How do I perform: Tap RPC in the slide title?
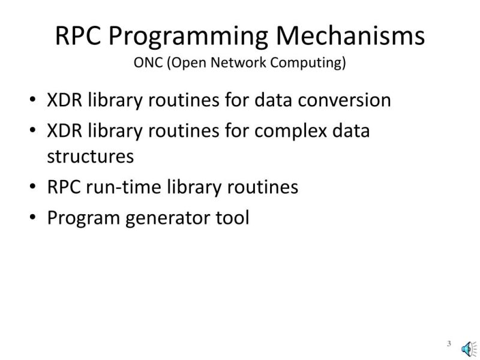[79, 35]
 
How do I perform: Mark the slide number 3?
[448, 343]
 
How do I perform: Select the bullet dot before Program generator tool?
[32, 218]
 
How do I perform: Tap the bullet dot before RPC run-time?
[32, 187]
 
